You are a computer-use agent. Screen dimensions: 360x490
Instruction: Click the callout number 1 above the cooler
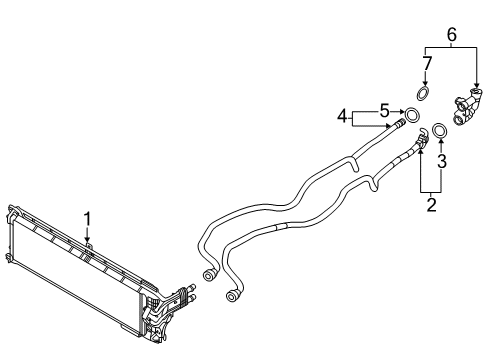click(87, 217)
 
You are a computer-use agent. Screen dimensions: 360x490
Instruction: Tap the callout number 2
click(432, 205)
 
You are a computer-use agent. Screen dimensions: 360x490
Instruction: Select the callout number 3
click(443, 160)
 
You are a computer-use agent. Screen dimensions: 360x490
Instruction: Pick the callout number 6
click(450, 34)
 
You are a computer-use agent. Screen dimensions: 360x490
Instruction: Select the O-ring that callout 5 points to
click(410, 111)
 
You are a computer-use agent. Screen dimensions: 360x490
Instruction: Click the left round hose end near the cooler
click(209, 274)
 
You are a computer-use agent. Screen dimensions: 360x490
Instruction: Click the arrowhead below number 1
click(87, 238)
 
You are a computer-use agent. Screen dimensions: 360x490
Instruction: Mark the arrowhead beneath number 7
click(423, 82)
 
